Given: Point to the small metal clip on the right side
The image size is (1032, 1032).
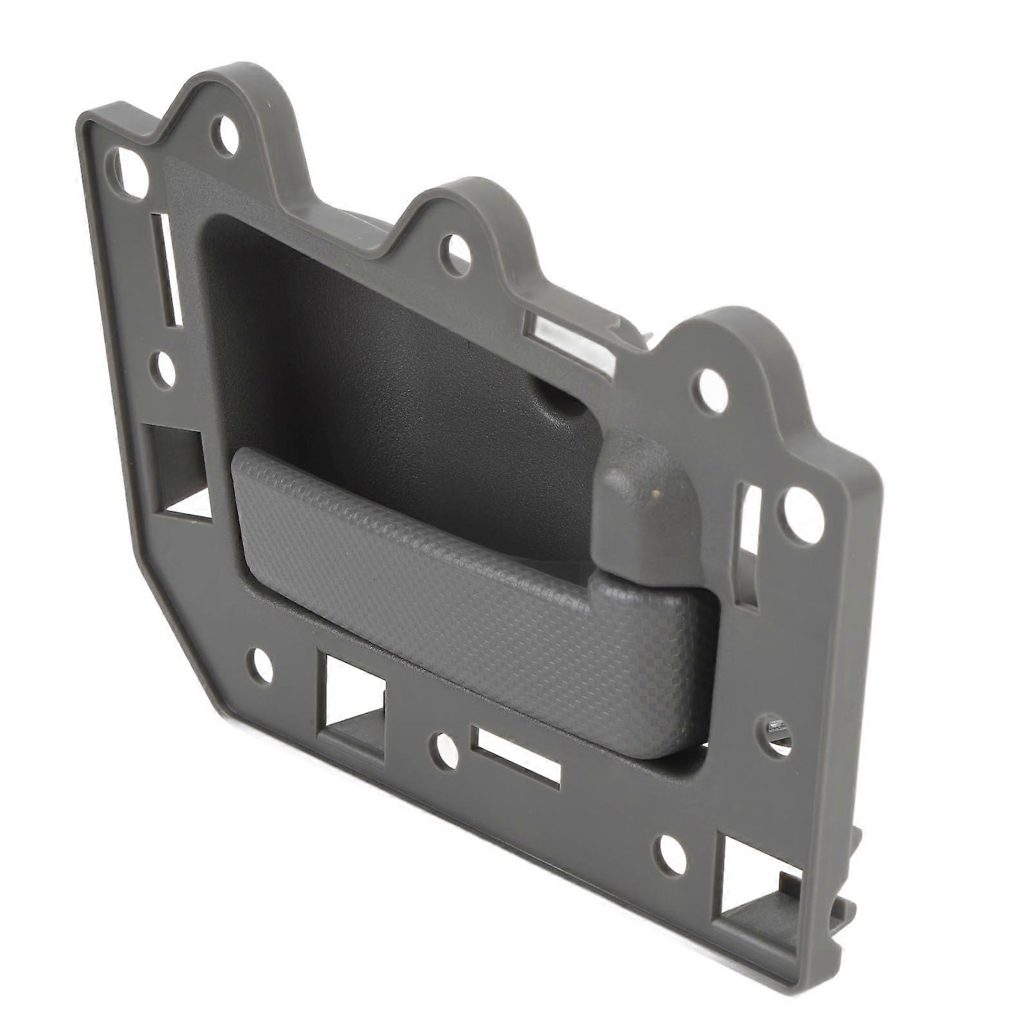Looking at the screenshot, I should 775,731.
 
